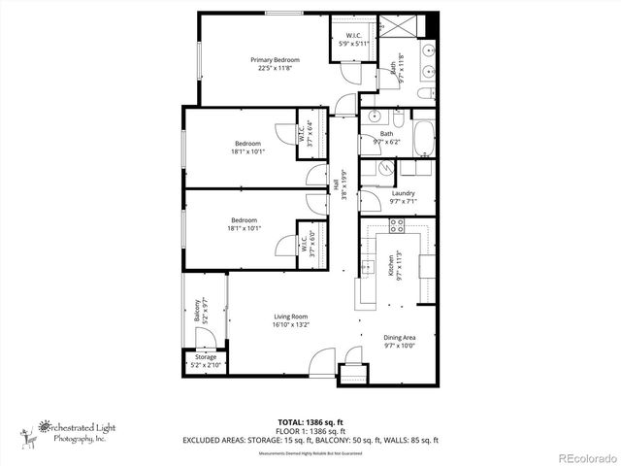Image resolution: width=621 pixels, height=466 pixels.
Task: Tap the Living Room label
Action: click(x=290, y=316)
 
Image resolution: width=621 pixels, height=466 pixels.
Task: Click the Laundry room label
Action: click(x=404, y=193)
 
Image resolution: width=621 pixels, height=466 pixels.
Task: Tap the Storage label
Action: click(x=205, y=356)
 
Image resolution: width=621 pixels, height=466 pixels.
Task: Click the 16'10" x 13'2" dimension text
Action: click(x=290, y=324)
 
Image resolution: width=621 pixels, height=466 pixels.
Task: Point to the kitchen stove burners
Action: click(x=396, y=226)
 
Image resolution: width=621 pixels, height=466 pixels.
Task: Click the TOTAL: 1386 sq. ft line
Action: click(x=310, y=421)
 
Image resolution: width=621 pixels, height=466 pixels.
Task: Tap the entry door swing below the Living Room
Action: click(x=318, y=367)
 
